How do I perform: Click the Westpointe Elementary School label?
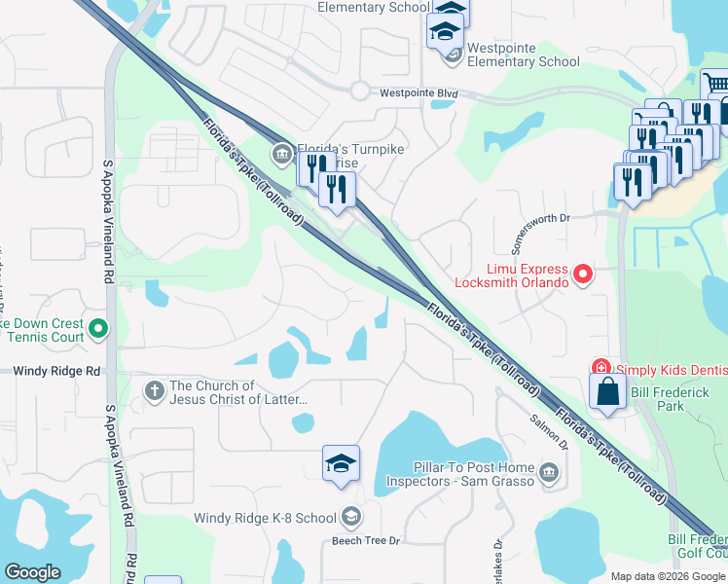point(523,55)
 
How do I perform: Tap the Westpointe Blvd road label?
point(419,94)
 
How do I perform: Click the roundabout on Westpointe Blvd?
point(360,91)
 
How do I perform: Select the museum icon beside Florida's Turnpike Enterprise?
point(282,153)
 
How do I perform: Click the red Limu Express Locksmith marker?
point(583,274)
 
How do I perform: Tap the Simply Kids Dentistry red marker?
point(601,367)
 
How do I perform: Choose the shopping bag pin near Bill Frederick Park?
point(608,392)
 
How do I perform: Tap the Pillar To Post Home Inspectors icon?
point(548,474)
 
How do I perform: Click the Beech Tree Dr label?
point(366,540)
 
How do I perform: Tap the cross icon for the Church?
point(154,391)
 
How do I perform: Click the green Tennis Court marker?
point(97,330)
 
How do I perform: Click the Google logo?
point(32,572)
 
